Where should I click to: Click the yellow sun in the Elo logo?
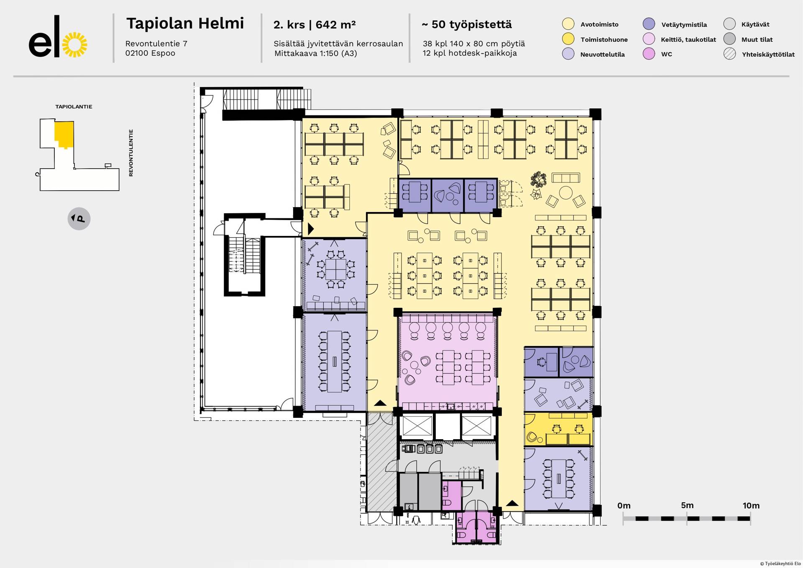[74, 44]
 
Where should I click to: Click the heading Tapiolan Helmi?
[185, 23]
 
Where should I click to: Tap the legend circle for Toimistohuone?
[568, 39]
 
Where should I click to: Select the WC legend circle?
[649, 54]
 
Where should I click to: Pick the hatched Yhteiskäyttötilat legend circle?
[729, 54]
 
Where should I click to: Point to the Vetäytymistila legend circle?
[649, 24]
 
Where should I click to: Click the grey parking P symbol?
[79, 218]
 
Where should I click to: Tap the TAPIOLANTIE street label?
[74, 107]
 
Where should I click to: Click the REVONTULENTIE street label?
[131, 153]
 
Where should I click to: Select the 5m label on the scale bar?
[687, 505]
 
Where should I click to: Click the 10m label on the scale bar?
[751, 505]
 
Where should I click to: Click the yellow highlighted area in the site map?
[64, 134]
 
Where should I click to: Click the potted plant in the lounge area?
[538, 179]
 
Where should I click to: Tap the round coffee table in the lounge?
[566, 193]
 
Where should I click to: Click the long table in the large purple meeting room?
[334, 361]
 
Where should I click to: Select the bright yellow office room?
[558, 429]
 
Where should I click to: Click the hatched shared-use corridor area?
[381, 462]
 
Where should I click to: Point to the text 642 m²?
[335, 25]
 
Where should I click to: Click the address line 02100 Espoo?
[150, 53]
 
